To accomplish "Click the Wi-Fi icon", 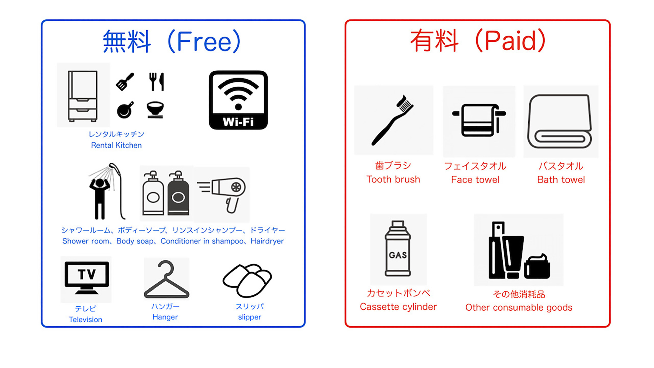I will click(x=238, y=100).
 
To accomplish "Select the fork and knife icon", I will click(x=157, y=81).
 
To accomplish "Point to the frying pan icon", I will click(x=125, y=110).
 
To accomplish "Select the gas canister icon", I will click(x=398, y=249).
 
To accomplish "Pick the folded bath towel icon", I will click(x=560, y=121).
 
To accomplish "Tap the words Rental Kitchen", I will click(x=116, y=145).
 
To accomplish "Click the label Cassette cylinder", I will click(x=398, y=307).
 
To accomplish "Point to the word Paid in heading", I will click(x=510, y=41).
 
